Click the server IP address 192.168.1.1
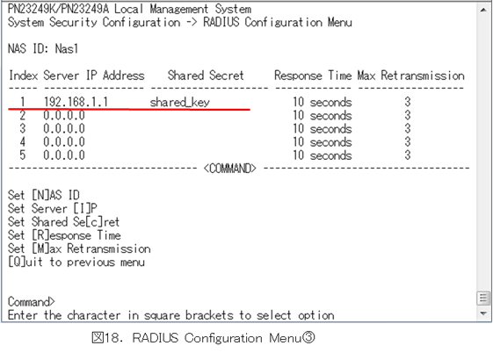click(x=76, y=102)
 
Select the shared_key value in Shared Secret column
click(x=179, y=102)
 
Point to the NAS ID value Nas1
click(x=66, y=48)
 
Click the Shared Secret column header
click(x=206, y=76)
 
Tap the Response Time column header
click(x=313, y=76)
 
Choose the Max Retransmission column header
click(x=411, y=76)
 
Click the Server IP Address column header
click(x=94, y=76)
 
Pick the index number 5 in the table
click(x=22, y=155)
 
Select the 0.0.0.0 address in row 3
click(x=64, y=128)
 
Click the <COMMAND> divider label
click(x=230, y=169)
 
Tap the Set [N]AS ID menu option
click(x=44, y=195)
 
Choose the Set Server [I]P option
click(x=53, y=208)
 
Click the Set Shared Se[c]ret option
click(x=63, y=222)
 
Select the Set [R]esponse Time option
click(x=64, y=235)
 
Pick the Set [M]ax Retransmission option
click(x=79, y=248)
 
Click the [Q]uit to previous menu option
click(x=76, y=262)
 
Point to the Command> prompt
click(x=31, y=301)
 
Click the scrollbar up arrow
click(x=483, y=10)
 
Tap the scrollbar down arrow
click(x=483, y=313)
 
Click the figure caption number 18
click(x=111, y=338)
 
